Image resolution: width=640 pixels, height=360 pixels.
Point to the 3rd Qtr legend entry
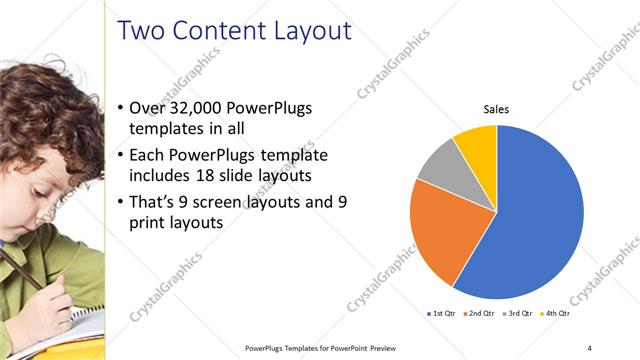[519, 314]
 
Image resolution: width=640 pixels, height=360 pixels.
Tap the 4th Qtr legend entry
[556, 314]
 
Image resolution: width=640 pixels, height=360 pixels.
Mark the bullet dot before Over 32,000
[121, 107]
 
